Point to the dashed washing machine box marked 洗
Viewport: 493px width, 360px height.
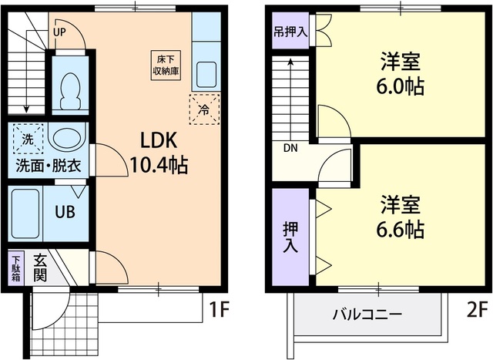[x=27, y=140]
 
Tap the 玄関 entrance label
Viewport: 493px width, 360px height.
[x=40, y=270]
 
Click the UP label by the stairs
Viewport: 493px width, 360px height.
[x=60, y=32]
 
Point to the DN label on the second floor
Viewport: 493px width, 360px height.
[x=290, y=148]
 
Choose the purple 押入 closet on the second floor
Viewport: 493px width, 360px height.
[x=290, y=238]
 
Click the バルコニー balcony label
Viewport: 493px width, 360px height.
[x=361, y=315]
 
